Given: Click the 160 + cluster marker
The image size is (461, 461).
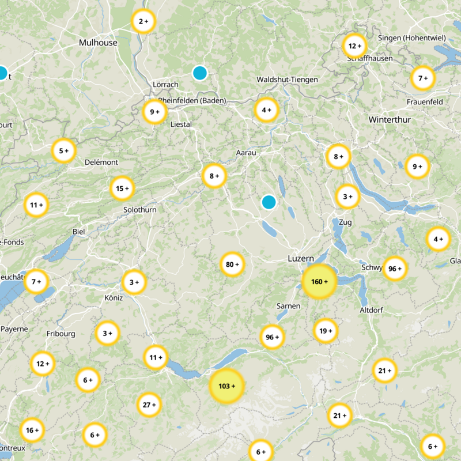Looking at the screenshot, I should [319, 282].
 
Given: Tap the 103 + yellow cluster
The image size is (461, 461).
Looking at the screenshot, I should [227, 386].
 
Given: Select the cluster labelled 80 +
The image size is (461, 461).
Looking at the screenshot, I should [232, 264].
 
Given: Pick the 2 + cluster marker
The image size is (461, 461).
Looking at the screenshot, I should [143, 21].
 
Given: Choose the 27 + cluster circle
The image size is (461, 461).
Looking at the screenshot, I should [150, 405].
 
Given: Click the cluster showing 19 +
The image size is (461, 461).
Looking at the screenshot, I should [326, 331].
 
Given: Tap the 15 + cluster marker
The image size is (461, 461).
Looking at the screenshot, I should [122, 188].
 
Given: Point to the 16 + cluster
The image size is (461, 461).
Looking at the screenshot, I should [32, 429].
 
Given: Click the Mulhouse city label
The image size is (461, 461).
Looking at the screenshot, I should [98, 43].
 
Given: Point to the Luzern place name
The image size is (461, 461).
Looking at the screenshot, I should [300, 259].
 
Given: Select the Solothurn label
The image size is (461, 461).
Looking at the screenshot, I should [139, 210].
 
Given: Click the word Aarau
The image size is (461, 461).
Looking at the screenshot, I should [246, 153].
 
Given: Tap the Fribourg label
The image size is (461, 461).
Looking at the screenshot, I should [61, 334].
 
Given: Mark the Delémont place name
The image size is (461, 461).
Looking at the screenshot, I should [101, 163].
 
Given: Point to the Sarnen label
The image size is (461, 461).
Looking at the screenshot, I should [288, 306].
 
